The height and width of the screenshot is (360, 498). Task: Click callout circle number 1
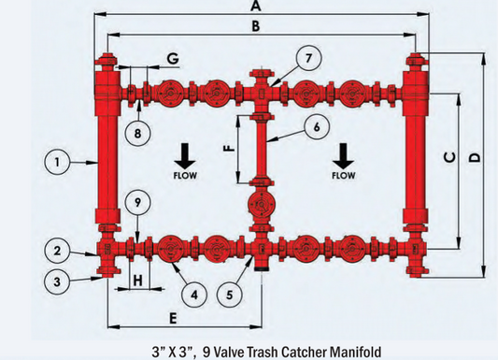coord(57,162)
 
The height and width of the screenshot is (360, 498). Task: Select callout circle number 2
coord(57,250)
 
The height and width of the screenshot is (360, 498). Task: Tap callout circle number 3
coord(57,280)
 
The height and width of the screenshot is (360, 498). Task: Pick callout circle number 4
coord(193,294)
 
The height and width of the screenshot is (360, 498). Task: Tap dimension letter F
coord(228,149)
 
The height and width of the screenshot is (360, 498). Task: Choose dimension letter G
coord(172,58)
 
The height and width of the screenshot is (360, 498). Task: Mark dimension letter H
coord(136,279)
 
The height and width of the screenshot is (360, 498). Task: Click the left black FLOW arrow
coord(184,151)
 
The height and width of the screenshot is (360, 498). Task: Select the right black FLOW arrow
coord(343,151)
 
